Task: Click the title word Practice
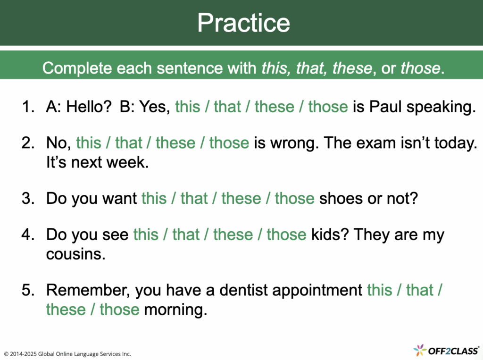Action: click(244, 23)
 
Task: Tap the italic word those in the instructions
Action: click(420, 68)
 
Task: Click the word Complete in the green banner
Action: click(77, 68)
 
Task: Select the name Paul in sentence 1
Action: click(385, 107)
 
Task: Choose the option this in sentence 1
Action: click(188, 107)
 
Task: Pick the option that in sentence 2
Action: click(129, 143)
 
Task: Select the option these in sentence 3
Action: click(241, 198)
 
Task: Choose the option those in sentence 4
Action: click(286, 234)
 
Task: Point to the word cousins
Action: click(76, 254)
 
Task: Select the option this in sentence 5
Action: click(380, 290)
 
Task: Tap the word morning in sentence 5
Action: click(175, 310)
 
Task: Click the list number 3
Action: click(28, 198)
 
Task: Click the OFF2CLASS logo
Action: click(446, 351)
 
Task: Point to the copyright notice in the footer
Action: click(67, 354)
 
